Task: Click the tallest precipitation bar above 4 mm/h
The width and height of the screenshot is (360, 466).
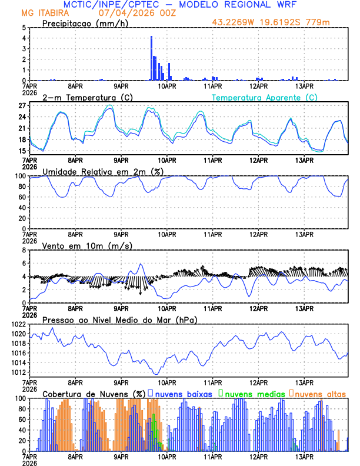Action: point(151,58)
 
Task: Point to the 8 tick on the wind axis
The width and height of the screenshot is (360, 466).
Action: point(24,250)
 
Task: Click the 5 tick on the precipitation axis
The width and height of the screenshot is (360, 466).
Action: point(24,28)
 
